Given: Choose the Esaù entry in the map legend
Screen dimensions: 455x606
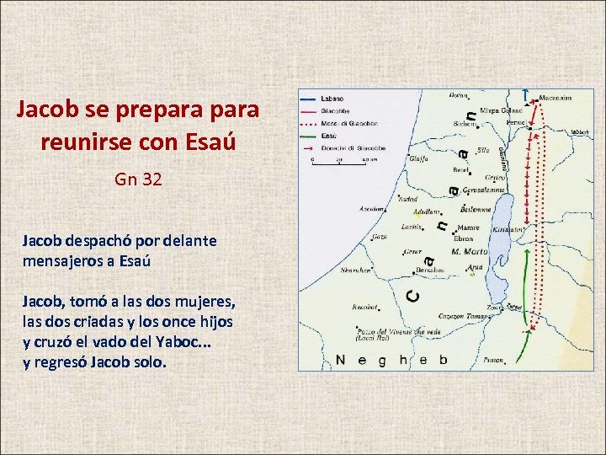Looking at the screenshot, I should (x=329, y=134).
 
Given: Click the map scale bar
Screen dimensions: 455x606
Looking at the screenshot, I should (x=337, y=161).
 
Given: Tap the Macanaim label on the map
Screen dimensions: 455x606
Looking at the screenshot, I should (x=555, y=98).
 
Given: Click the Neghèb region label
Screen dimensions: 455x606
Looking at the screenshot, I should (x=391, y=360).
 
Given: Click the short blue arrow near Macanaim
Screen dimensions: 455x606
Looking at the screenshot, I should (x=526, y=94).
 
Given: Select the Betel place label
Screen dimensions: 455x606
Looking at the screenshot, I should (x=461, y=169).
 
